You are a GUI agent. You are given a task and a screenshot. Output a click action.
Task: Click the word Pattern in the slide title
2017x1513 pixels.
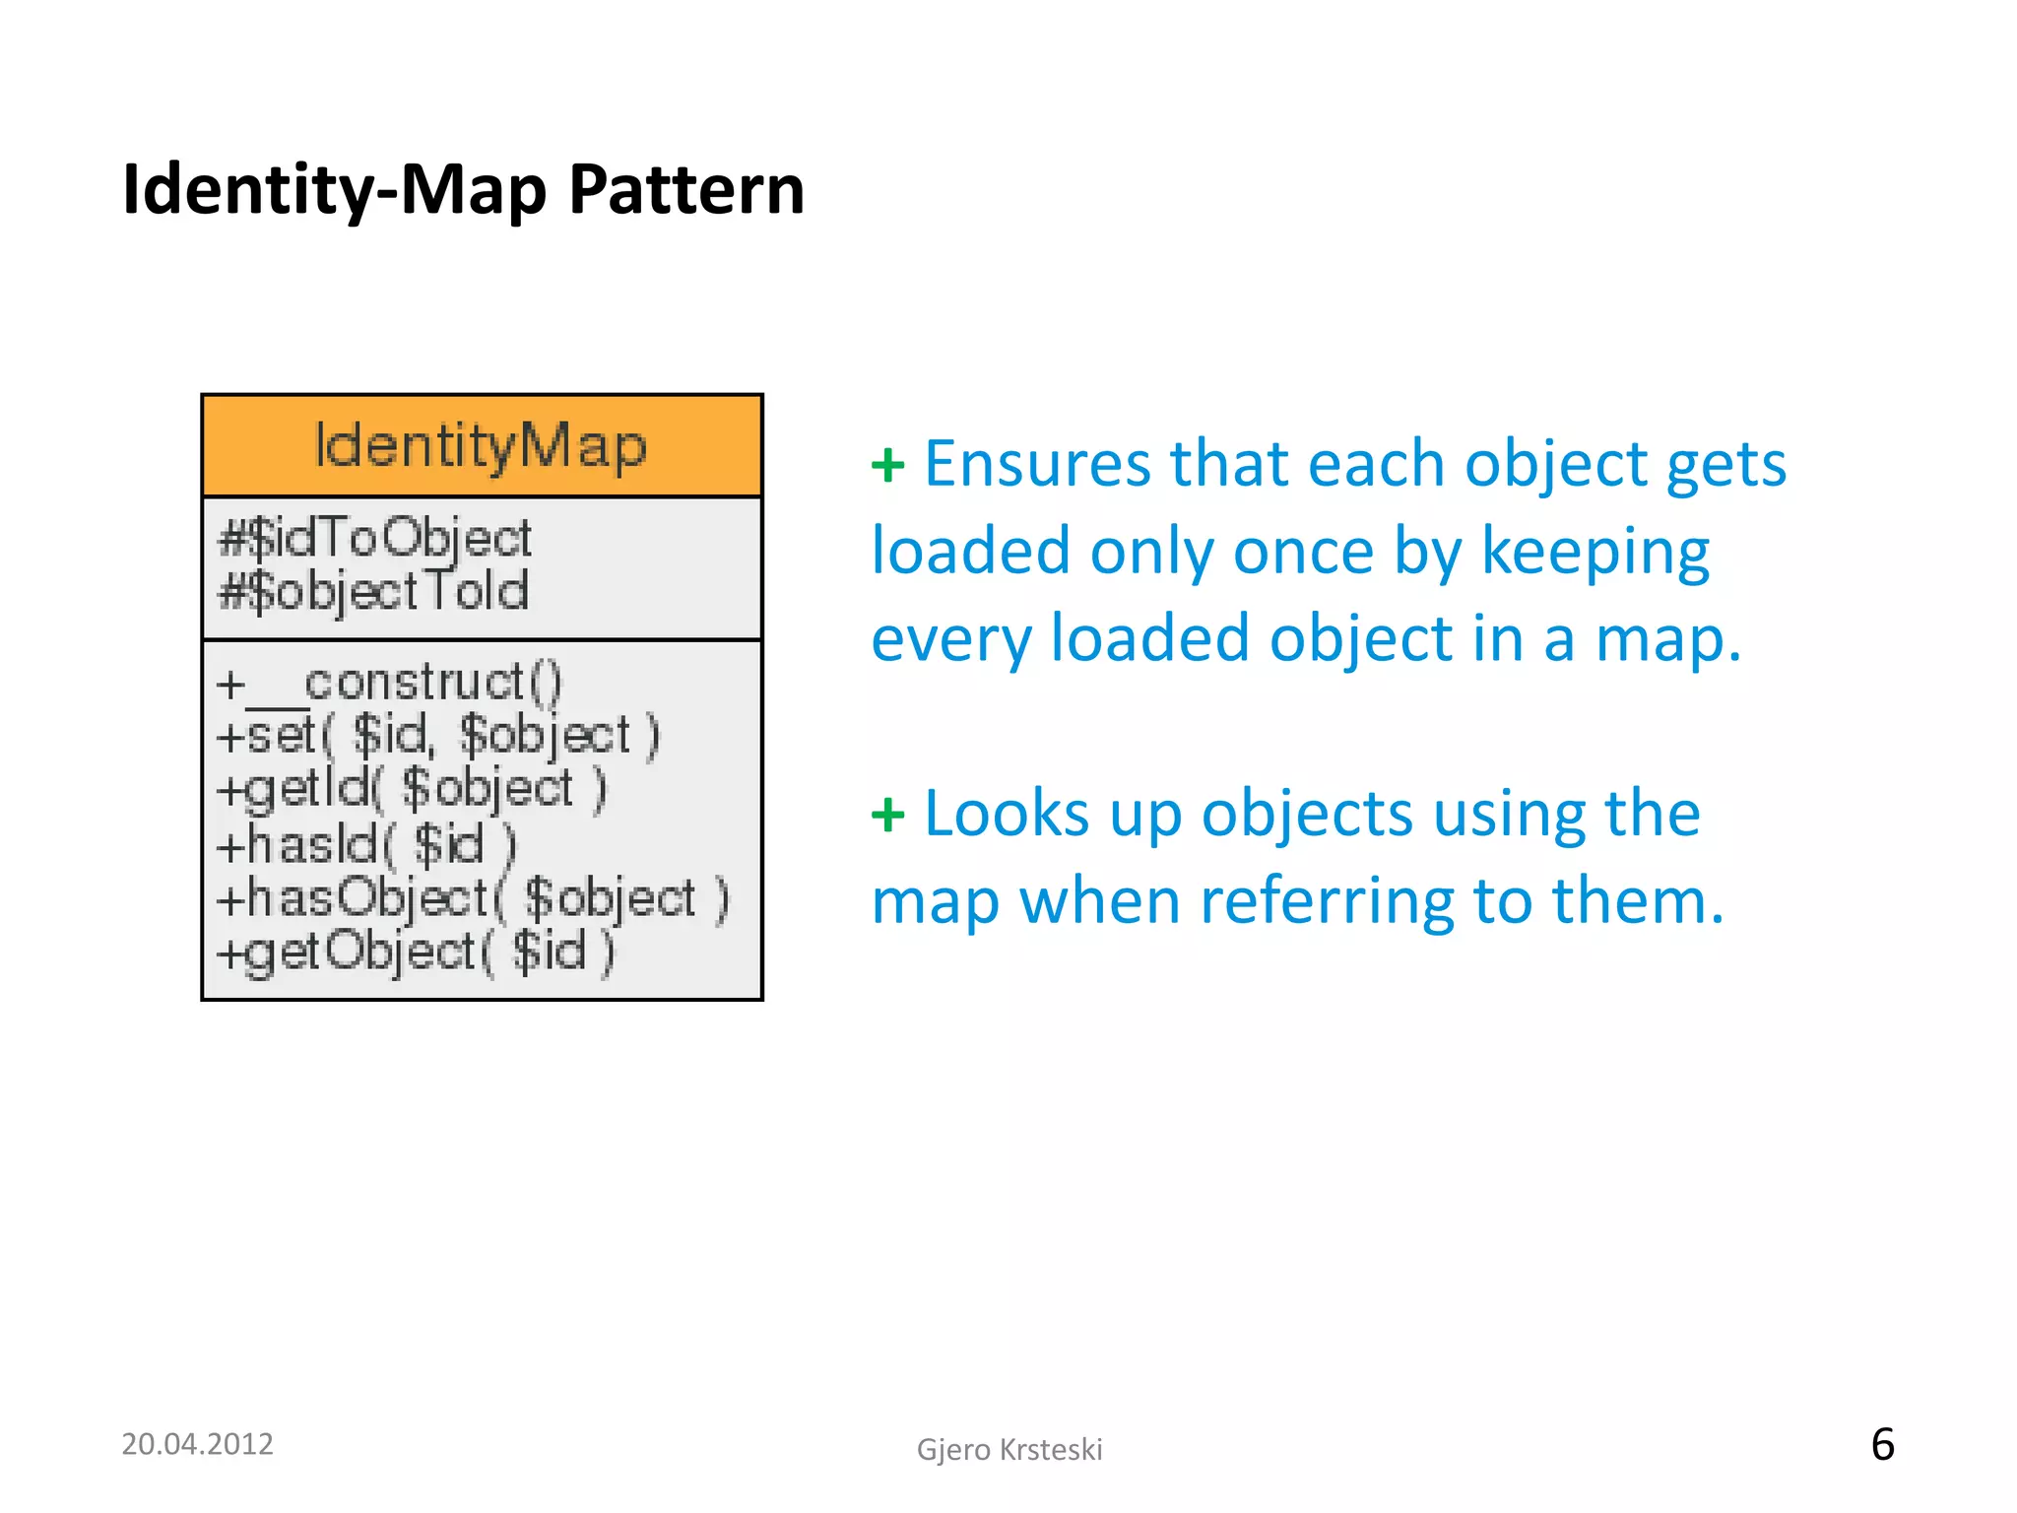point(686,189)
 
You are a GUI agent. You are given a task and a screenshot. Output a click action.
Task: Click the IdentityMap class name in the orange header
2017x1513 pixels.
point(481,447)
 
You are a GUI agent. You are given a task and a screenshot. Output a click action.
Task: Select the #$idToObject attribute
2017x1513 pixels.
point(374,538)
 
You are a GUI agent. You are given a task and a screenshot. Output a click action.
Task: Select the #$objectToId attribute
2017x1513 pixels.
point(373,591)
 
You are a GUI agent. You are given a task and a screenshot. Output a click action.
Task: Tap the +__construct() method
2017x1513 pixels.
point(389,683)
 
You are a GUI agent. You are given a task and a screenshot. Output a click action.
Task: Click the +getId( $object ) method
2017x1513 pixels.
point(412,789)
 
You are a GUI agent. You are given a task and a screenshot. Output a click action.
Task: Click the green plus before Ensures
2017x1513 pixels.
point(887,465)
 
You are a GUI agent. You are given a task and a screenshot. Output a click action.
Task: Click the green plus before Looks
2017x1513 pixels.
point(887,815)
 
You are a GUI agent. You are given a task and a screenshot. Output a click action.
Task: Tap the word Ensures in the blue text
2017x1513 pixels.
point(1036,463)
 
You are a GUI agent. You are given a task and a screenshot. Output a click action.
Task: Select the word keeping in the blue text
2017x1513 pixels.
point(1594,552)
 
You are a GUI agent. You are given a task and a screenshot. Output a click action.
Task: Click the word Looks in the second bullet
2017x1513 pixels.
point(1007,814)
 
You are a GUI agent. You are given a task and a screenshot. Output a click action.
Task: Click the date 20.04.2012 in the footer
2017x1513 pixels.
point(197,1444)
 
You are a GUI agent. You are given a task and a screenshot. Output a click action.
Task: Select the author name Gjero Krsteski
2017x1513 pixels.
point(1009,1450)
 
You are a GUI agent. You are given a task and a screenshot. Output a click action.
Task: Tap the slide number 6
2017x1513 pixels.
point(1882,1445)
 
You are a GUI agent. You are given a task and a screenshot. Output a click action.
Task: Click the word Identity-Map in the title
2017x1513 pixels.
point(335,189)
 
